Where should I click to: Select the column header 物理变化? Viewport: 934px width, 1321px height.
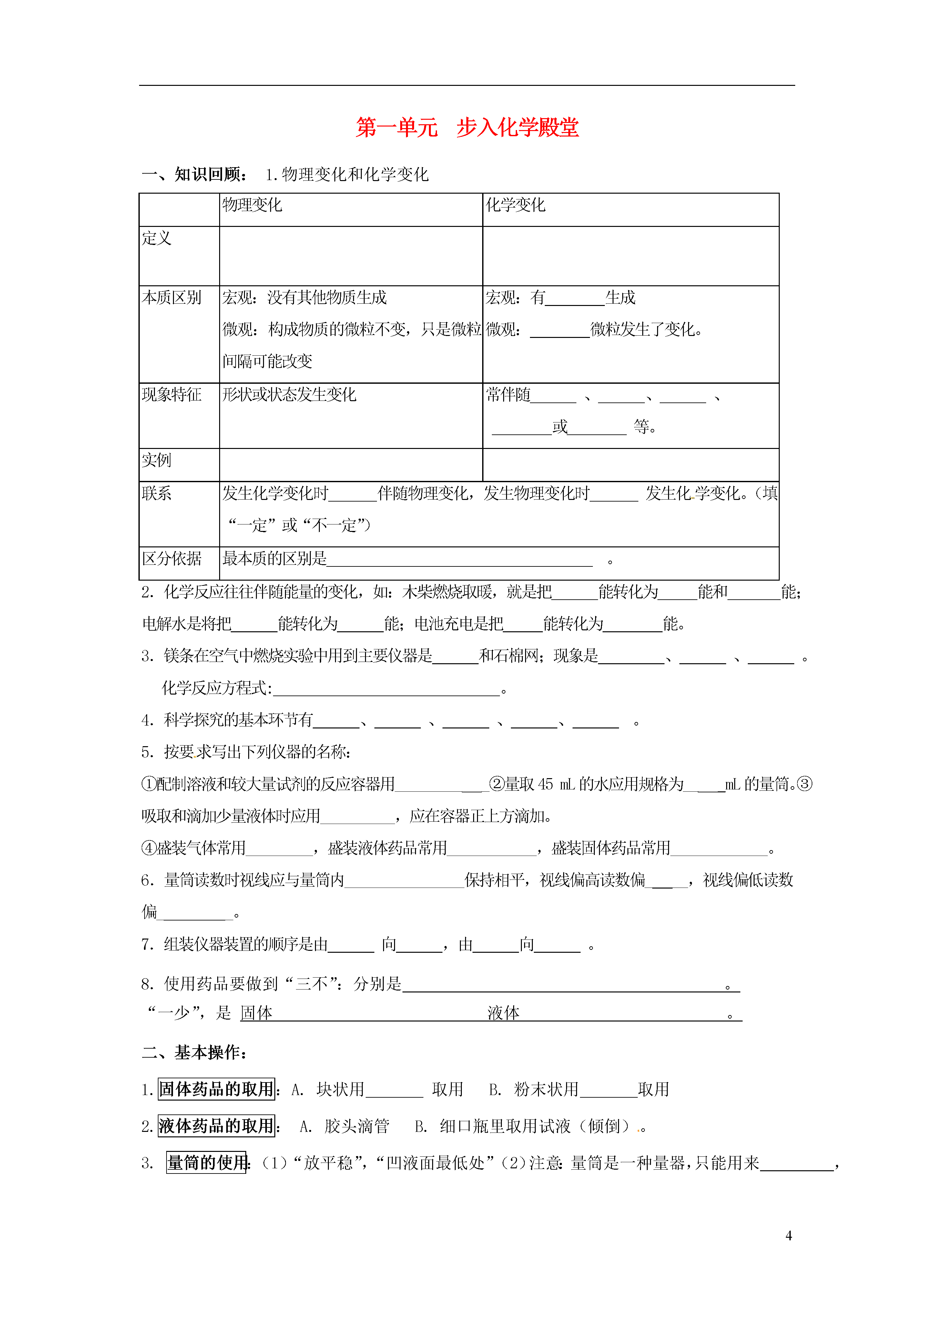(x=252, y=205)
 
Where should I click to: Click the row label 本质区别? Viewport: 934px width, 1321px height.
(x=171, y=298)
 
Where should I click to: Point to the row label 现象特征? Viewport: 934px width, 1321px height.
(x=171, y=395)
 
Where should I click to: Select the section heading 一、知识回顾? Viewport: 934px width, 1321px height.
(x=195, y=174)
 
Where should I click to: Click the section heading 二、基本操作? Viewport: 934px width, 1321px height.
(x=195, y=1052)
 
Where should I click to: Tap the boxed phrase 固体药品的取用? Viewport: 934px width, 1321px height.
(x=216, y=1089)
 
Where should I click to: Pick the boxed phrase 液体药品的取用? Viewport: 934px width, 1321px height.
(x=216, y=1126)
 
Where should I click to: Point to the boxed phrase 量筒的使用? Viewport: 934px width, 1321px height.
(x=207, y=1163)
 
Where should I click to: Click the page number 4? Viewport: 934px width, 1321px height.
(x=788, y=1235)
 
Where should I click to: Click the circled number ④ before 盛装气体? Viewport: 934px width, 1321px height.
(x=148, y=848)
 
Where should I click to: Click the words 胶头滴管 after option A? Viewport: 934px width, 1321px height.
(x=357, y=1126)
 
